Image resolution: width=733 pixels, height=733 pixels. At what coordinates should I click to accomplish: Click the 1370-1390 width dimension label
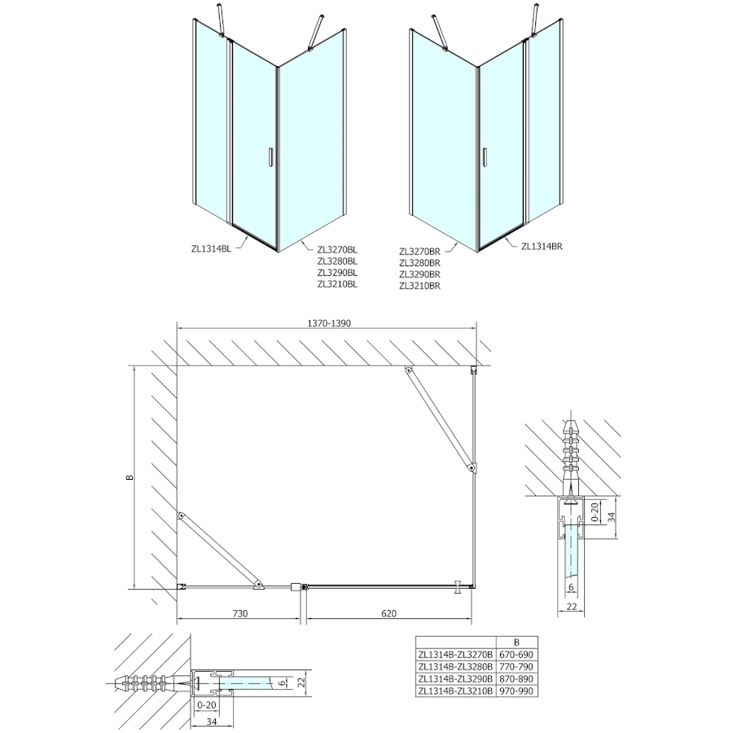click(328, 323)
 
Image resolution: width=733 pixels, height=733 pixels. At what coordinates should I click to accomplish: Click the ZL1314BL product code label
click(209, 249)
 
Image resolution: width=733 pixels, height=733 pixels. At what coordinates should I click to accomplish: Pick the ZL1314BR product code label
click(543, 245)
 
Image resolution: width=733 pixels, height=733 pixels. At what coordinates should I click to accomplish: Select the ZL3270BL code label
click(338, 250)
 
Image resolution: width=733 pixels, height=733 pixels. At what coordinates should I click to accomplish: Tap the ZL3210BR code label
click(420, 286)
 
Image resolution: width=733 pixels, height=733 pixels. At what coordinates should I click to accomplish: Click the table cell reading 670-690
click(521, 653)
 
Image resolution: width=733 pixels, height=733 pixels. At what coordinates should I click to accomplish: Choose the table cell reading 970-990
click(521, 690)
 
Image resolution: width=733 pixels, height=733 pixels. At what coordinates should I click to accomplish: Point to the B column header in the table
click(521, 641)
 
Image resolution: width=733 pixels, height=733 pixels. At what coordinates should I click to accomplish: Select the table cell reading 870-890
click(521, 678)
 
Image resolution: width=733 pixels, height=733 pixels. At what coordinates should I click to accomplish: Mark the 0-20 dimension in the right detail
click(595, 516)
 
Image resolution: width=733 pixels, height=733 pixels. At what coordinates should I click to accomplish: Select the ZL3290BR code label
click(420, 274)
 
